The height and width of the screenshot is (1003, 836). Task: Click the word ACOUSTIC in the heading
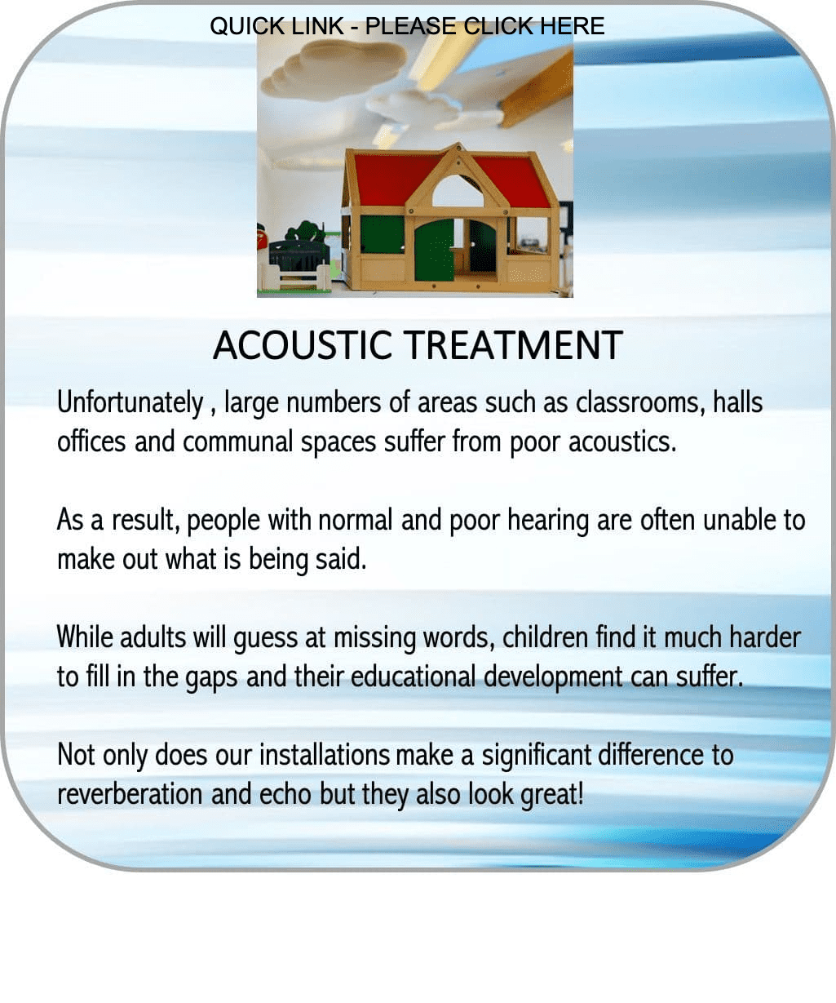point(303,345)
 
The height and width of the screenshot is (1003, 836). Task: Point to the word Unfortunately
point(130,402)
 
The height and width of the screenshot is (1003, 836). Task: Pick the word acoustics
point(622,442)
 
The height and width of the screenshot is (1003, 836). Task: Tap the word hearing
point(548,520)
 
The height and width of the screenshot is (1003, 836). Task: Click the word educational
point(413,677)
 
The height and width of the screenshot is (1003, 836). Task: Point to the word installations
point(325,755)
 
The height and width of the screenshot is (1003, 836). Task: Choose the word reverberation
point(130,793)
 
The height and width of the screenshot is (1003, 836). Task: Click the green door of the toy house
point(434,251)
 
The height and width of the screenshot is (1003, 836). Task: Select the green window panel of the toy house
point(382,234)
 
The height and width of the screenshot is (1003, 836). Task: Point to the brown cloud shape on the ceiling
point(334,67)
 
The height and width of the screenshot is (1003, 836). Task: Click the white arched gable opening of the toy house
point(458,191)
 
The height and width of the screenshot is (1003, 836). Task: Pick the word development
point(553,677)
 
